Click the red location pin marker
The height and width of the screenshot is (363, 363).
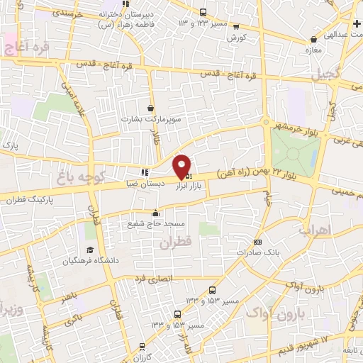click(x=182, y=165)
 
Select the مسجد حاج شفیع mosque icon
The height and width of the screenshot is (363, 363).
click(x=156, y=213)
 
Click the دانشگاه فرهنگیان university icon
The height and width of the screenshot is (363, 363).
click(x=91, y=250)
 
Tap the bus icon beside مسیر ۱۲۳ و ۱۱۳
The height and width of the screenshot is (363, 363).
click(x=203, y=12)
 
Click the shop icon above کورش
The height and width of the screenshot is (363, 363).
click(x=235, y=26)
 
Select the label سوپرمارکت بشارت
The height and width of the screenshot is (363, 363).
click(x=162, y=119)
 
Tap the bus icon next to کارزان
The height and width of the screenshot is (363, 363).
click(x=143, y=347)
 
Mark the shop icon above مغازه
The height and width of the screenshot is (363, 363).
click(x=313, y=39)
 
